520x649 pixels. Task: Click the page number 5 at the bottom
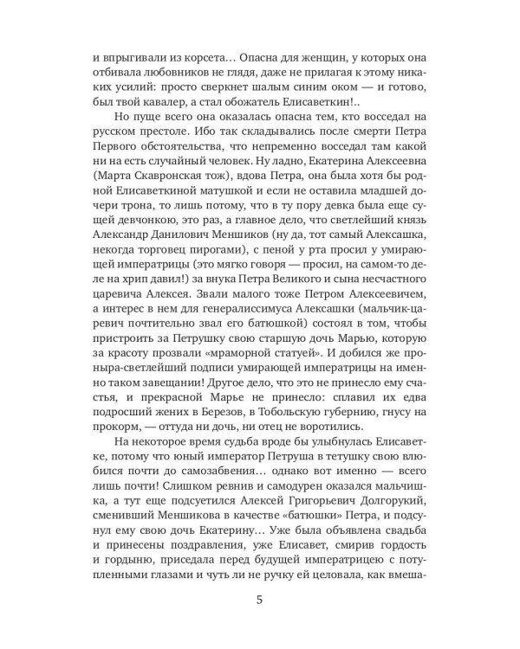260,601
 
